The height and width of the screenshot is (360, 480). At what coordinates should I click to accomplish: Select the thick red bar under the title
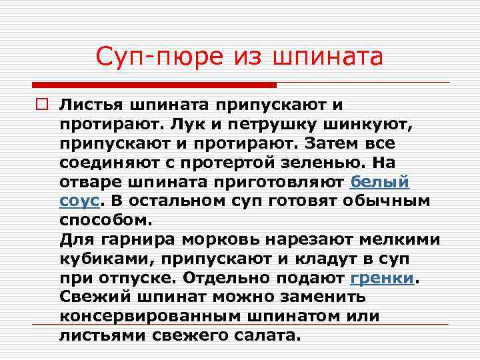click(x=153, y=85)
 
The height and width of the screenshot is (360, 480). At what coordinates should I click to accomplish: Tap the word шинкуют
click(x=358, y=124)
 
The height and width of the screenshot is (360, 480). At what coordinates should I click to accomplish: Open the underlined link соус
click(x=79, y=201)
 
